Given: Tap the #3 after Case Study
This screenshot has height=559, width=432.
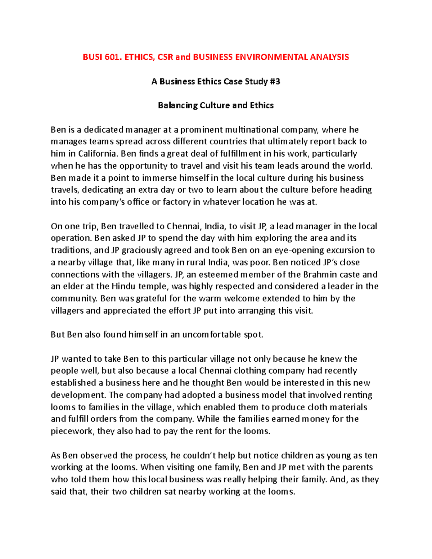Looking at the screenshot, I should coord(275,81).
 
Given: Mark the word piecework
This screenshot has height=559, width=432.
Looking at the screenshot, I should coord(72,431).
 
